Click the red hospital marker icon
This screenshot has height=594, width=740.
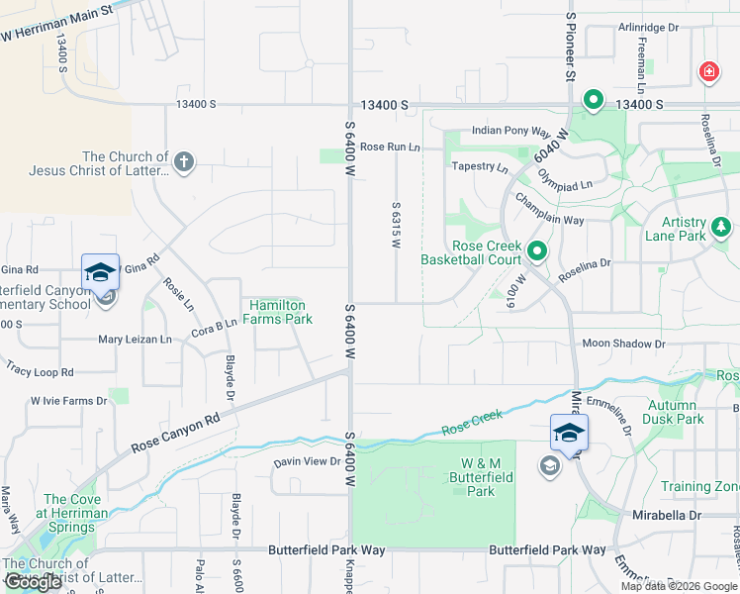tap(708, 71)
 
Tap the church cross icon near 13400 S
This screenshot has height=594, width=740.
tap(183, 161)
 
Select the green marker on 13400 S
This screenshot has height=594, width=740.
tap(594, 99)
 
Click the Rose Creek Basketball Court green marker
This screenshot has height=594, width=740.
tap(537, 251)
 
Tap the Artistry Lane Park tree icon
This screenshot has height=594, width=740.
tap(722, 229)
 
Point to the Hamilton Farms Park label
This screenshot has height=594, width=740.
tap(281, 312)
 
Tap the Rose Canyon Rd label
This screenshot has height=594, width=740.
tap(175, 435)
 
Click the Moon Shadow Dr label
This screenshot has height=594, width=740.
tap(623, 344)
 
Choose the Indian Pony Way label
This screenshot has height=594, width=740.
tap(510, 131)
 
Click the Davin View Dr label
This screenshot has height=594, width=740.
tap(308, 461)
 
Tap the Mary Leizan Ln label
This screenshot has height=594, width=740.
tap(135, 340)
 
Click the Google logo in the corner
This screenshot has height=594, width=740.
tap(34, 582)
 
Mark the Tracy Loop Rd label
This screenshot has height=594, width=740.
tap(40, 372)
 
